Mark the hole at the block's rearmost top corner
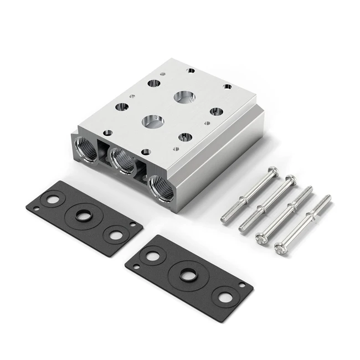click(191, 70)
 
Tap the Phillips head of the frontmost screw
click(282, 250)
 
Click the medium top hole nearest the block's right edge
click(216, 111)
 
